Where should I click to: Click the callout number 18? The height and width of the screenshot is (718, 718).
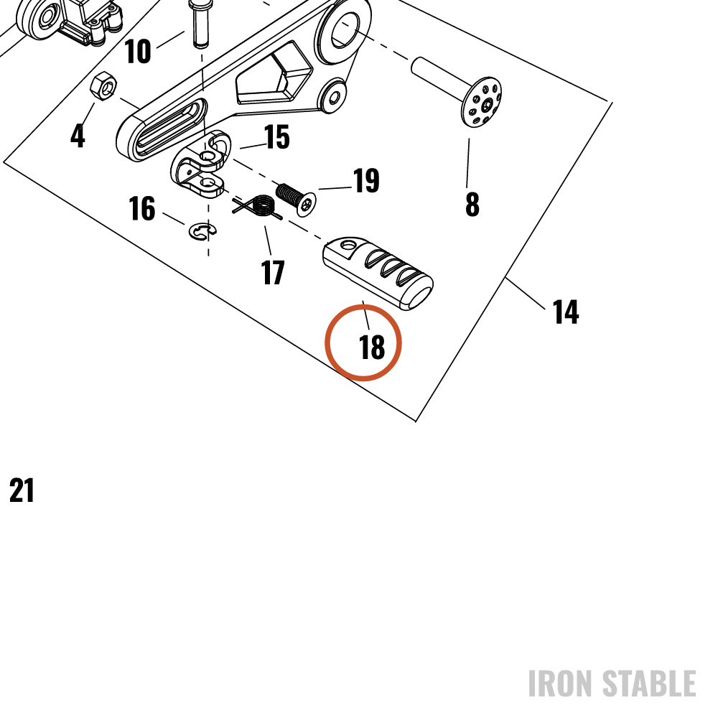tap(372, 347)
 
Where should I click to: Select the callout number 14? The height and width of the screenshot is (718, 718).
tap(566, 312)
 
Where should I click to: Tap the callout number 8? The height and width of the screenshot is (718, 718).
tap(472, 204)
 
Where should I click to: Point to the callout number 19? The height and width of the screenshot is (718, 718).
tap(366, 180)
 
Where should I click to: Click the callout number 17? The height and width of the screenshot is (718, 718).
tap(273, 272)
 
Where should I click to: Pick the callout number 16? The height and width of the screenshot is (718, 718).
tap(142, 208)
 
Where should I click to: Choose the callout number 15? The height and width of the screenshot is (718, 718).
tap(277, 137)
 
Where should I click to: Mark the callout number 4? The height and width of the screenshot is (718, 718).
tap(78, 136)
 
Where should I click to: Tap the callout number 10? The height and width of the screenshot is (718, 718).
tap(137, 51)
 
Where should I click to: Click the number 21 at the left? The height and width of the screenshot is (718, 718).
tap(22, 490)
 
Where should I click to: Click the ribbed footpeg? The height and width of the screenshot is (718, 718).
tap(378, 274)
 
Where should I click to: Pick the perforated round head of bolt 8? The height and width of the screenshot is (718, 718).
tap(481, 102)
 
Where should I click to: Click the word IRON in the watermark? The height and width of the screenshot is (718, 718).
tap(560, 684)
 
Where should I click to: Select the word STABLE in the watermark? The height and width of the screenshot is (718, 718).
tap(649, 684)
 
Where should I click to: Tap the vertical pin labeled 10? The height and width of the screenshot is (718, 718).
tap(200, 23)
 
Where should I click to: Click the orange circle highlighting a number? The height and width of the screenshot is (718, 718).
tap(363, 342)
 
